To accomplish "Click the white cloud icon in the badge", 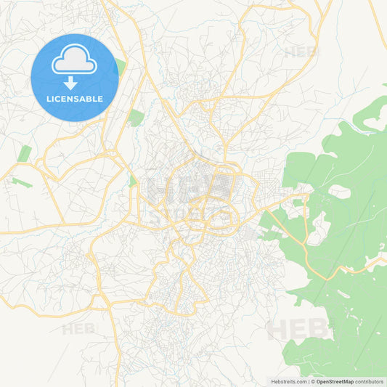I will (74, 62).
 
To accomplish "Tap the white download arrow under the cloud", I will (70, 83).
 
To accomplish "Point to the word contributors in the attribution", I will (370, 381).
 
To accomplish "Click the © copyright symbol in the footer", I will (313, 381).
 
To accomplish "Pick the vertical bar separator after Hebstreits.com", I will (308, 381).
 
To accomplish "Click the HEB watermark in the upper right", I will (300, 52).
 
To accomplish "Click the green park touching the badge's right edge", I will (120, 69).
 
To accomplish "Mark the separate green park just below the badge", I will (136, 117).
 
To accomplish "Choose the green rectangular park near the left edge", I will (25, 153).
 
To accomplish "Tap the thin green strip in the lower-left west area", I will (21, 182).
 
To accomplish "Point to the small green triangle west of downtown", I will (132, 179).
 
